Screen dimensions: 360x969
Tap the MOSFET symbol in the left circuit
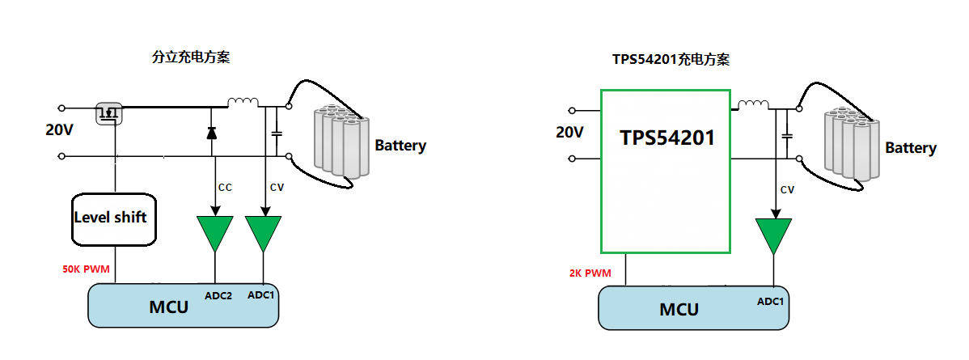[108, 113]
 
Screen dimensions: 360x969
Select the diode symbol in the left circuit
[212, 133]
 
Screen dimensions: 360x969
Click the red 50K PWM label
[86, 268]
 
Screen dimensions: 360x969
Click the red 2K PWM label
[591, 273]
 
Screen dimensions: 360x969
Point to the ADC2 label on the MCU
[218, 296]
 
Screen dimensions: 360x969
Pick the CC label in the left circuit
[225, 188]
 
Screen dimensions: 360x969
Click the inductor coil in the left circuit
[243, 103]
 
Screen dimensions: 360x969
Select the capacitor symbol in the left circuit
[277, 132]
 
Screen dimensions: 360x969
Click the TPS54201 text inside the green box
[667, 138]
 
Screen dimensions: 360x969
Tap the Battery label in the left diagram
[400, 146]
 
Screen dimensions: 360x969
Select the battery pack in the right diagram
[851, 146]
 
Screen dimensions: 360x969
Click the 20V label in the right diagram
[569, 132]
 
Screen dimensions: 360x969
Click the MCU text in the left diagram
[168, 307]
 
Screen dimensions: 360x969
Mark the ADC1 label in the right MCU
[770, 302]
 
